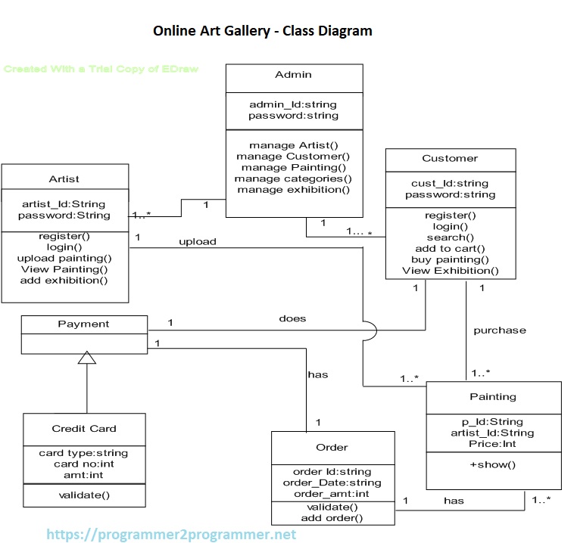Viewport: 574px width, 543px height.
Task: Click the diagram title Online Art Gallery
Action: (x=262, y=31)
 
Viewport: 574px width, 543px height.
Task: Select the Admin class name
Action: (x=293, y=75)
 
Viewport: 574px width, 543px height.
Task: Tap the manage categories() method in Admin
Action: (x=293, y=178)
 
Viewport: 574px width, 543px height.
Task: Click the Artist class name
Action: (x=64, y=179)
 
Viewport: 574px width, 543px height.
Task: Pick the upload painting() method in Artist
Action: (x=64, y=258)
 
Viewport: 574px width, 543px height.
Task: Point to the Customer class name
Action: (x=450, y=159)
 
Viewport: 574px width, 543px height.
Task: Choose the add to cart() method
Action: (x=450, y=248)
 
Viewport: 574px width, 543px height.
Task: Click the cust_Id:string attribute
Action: (x=450, y=184)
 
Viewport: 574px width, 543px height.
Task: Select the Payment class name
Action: (x=83, y=324)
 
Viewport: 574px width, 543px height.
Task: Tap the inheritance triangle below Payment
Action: (x=87, y=358)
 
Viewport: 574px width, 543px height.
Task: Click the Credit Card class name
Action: (x=84, y=429)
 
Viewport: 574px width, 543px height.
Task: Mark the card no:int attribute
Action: (x=83, y=464)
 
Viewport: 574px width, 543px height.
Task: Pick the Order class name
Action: (x=332, y=448)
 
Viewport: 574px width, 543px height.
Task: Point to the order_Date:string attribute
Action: (x=332, y=482)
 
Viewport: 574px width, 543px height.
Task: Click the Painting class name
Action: (x=493, y=396)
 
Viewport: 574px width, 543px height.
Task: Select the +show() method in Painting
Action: (x=493, y=464)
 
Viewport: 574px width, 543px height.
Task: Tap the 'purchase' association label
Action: (x=500, y=330)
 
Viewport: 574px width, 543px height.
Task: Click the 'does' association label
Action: (x=292, y=318)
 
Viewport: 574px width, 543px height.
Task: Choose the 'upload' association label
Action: (x=197, y=242)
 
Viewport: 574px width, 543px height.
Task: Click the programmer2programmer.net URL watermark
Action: (x=171, y=535)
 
